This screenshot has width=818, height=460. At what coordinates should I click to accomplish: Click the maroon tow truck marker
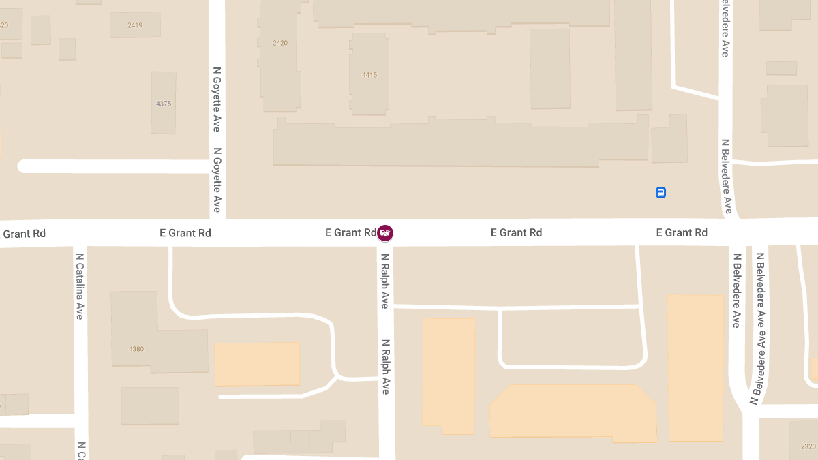pyautogui.click(x=385, y=233)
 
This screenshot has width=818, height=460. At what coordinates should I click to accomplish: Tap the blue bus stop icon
pyautogui.click(x=661, y=193)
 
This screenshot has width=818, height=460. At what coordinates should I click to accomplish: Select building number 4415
pyautogui.click(x=369, y=75)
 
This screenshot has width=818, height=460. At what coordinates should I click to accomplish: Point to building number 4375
pyautogui.click(x=164, y=104)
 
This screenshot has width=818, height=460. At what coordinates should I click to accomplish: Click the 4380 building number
pyautogui.click(x=136, y=349)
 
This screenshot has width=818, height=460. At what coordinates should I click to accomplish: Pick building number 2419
pyautogui.click(x=135, y=25)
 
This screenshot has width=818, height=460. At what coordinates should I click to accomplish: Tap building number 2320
pyautogui.click(x=808, y=446)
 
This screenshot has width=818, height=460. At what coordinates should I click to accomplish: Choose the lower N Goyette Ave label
pyautogui.click(x=217, y=180)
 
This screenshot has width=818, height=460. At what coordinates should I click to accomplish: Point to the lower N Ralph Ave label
pyautogui.click(x=385, y=367)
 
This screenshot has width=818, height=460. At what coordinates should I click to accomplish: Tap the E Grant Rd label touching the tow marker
pyautogui.click(x=350, y=233)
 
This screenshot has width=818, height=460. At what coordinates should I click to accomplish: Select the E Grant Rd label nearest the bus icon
pyautogui.click(x=682, y=233)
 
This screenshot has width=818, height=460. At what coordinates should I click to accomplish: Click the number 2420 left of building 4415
pyautogui.click(x=280, y=43)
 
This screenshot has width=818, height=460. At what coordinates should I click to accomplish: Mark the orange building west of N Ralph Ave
pyautogui.click(x=257, y=364)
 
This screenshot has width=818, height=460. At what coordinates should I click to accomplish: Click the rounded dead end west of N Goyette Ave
pyautogui.click(x=25, y=166)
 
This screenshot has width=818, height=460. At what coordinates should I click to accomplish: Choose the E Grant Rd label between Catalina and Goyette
pyautogui.click(x=185, y=233)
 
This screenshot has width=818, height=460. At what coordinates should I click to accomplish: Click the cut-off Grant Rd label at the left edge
pyautogui.click(x=24, y=234)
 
